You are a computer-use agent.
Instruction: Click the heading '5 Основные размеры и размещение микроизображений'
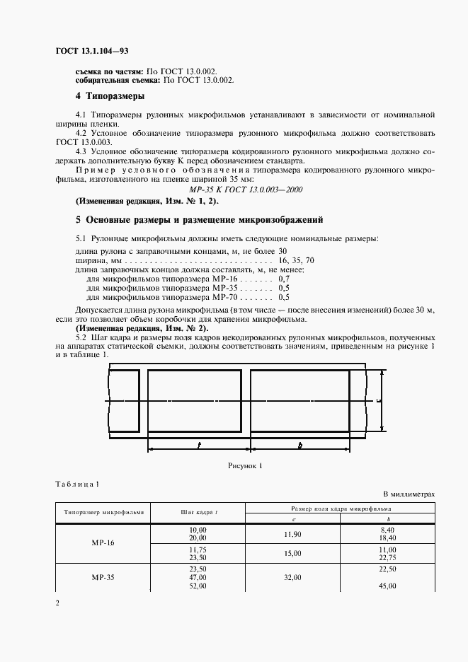199,219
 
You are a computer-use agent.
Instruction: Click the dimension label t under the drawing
199,446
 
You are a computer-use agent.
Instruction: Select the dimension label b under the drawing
300,446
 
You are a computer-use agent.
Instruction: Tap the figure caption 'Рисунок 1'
245,466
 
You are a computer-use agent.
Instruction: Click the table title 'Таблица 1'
77,484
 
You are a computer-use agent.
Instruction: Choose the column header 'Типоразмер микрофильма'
104,512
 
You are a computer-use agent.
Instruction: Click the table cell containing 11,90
293,534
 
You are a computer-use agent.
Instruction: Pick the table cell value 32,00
293,577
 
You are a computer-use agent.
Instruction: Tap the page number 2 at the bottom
57,603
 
